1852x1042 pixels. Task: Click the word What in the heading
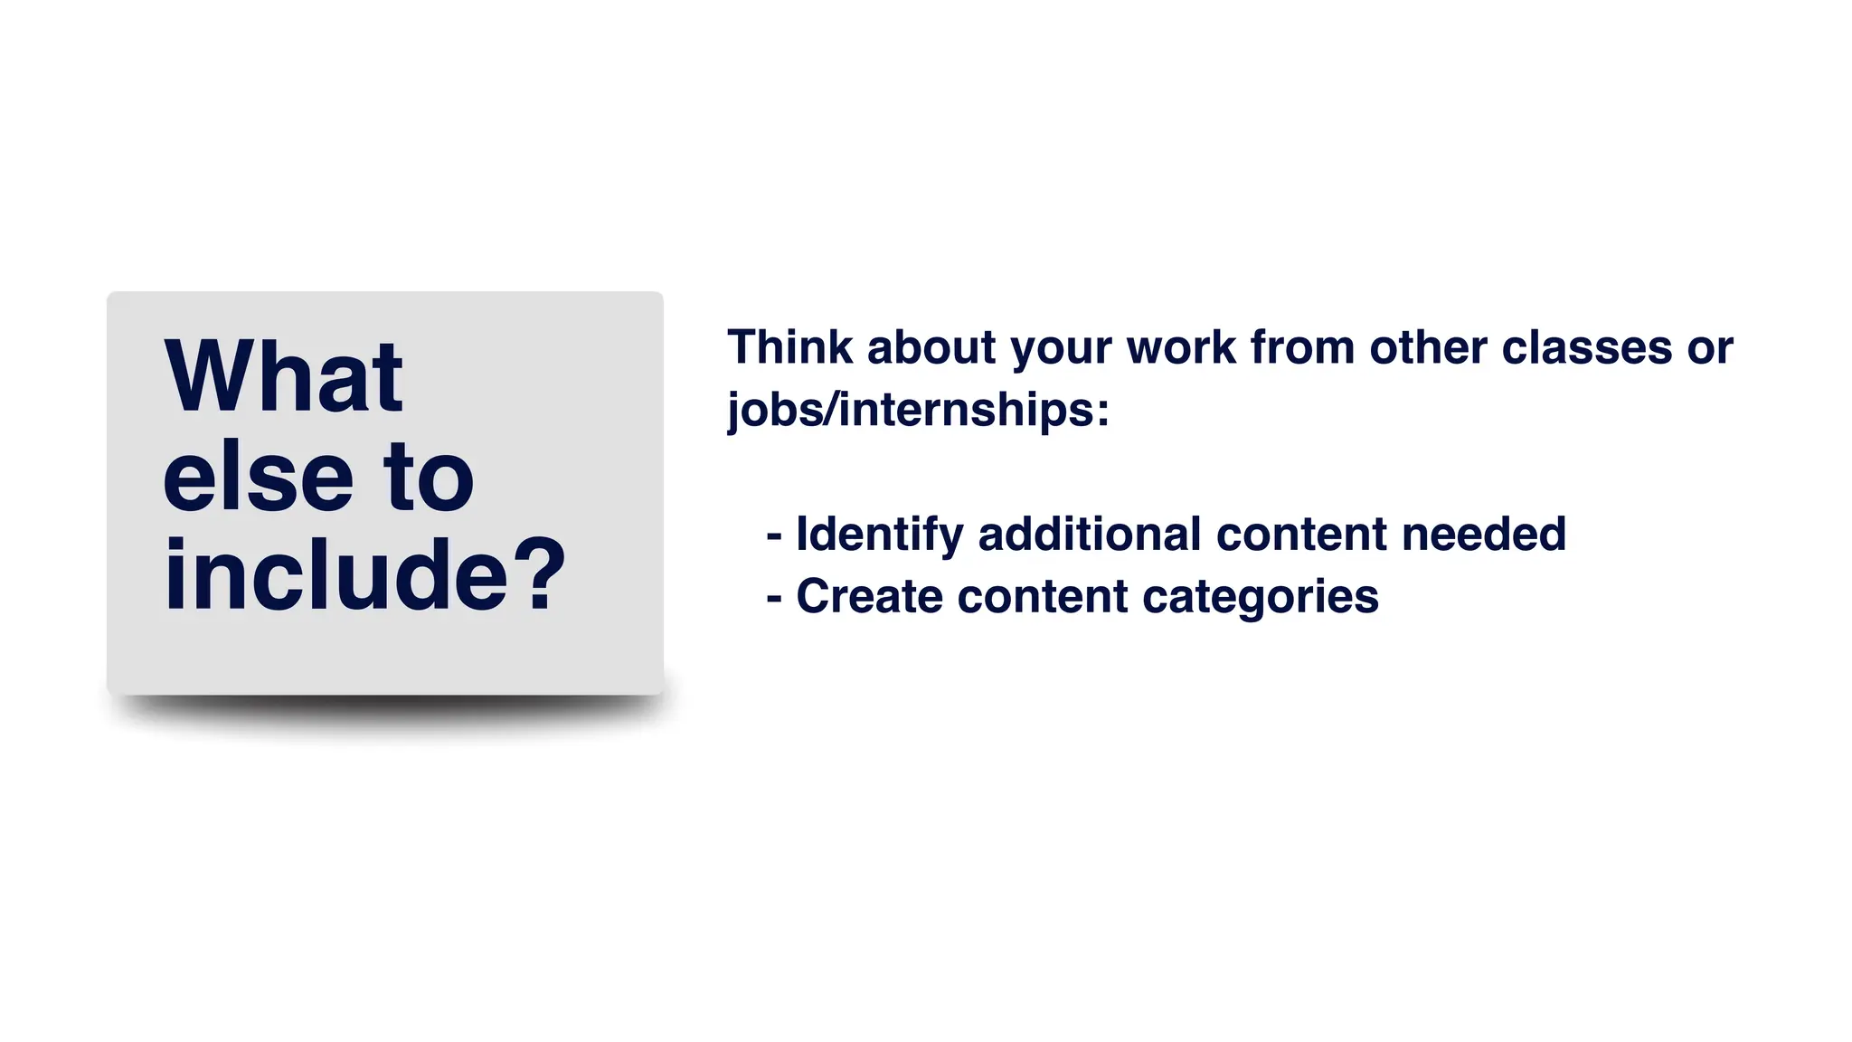[283, 377]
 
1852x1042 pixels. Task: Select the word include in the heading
[336, 575]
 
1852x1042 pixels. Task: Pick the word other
[1428, 347]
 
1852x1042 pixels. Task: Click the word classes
[1586, 347]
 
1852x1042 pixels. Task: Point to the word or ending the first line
[1710, 349]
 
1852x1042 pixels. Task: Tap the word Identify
[879, 535]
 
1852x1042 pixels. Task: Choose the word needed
[1483, 534]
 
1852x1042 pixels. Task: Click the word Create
[869, 597]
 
